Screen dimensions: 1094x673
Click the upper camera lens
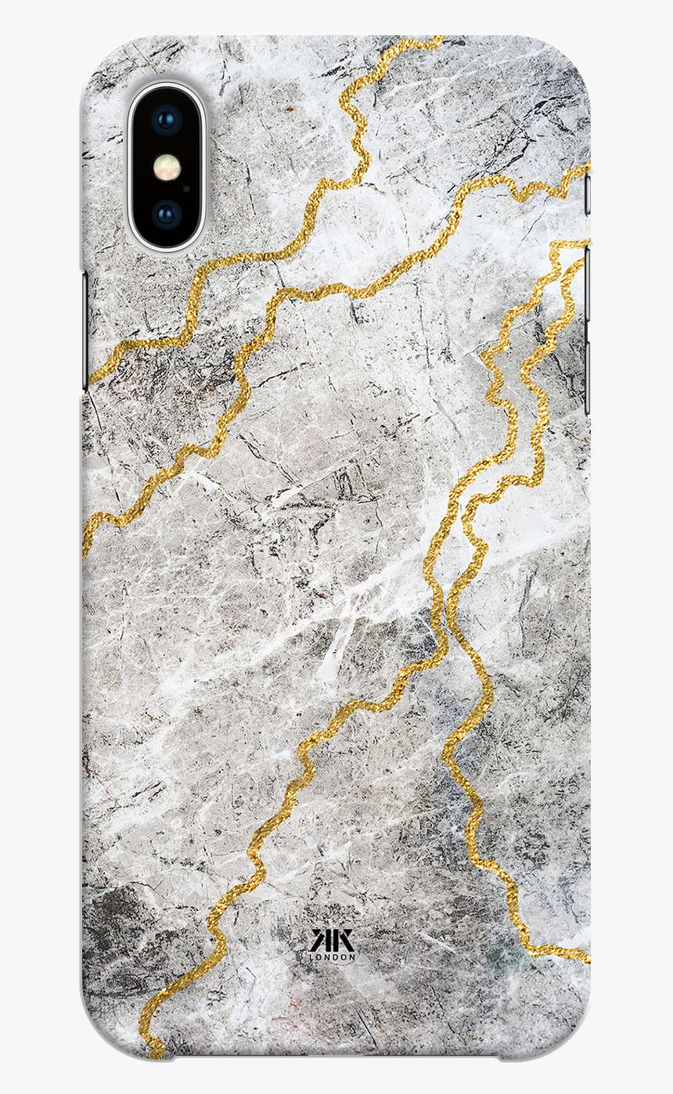point(167,120)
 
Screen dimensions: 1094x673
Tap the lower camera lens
point(167,214)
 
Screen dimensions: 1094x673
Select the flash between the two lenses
point(167,167)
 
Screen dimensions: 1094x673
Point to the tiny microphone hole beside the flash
point(185,188)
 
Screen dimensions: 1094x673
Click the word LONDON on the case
point(333,956)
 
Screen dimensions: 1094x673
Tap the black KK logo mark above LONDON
point(333,939)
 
